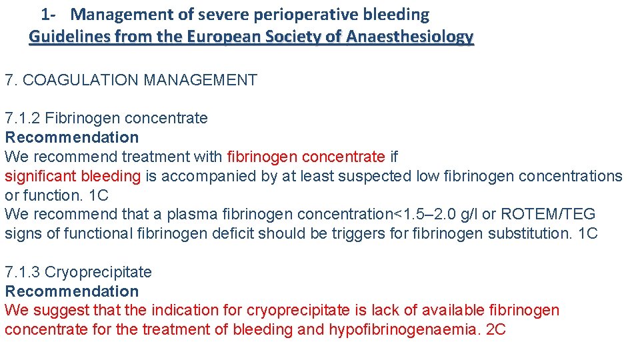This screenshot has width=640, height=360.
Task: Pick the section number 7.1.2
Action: coord(23,119)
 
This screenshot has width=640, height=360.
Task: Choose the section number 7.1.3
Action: coord(23,272)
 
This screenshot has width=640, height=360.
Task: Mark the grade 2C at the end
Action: coord(496,329)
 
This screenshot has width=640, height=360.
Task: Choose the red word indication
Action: coord(184,310)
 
